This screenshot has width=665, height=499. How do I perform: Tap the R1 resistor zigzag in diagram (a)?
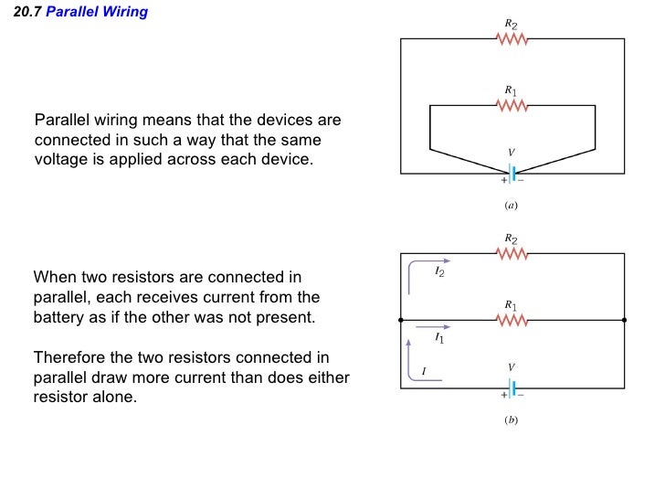pyautogui.click(x=512, y=105)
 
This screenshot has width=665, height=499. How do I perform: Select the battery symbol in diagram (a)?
pyautogui.click(x=512, y=173)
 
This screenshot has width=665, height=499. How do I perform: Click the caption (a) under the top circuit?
pyautogui.click(x=512, y=206)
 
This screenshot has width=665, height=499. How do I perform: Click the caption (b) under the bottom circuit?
pyautogui.click(x=512, y=420)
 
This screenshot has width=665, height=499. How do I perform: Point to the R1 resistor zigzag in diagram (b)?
pyautogui.click(x=512, y=321)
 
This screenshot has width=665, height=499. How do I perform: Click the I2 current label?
pyautogui.click(x=439, y=271)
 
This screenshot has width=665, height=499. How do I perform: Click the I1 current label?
pyautogui.click(x=439, y=338)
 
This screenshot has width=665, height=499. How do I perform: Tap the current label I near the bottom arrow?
pyautogui.click(x=423, y=372)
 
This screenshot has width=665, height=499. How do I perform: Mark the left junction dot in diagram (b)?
pyautogui.click(x=400, y=321)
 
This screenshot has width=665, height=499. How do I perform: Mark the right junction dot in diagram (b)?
pyautogui.click(x=625, y=321)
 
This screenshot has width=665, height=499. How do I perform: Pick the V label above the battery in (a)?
pyautogui.click(x=512, y=153)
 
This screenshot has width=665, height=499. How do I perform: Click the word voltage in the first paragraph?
pyautogui.click(x=60, y=159)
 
